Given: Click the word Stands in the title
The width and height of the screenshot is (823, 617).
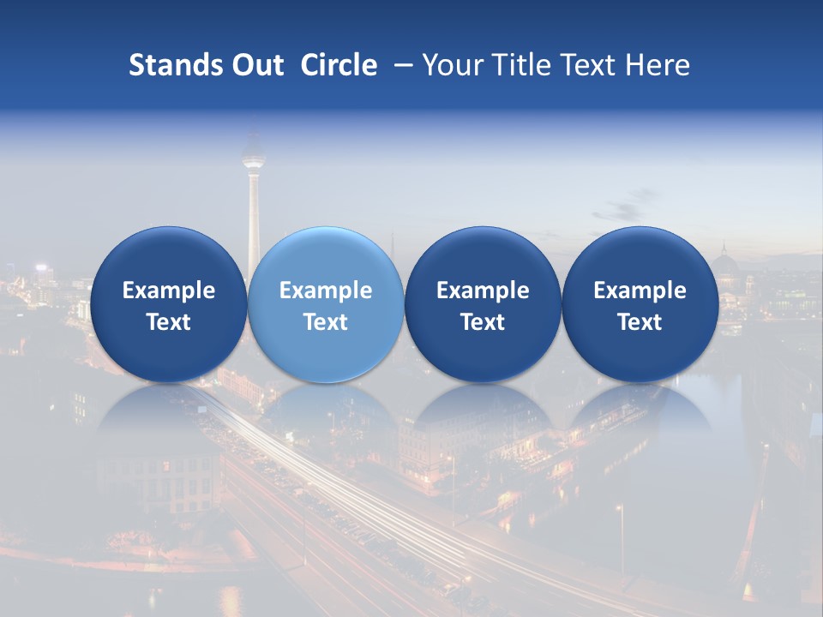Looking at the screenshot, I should click(x=174, y=65).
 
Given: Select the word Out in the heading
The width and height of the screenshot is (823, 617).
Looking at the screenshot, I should click(x=255, y=65).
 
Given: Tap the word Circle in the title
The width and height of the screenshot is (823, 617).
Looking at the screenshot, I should click(x=339, y=65).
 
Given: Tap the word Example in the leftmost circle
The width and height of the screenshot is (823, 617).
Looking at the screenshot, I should click(x=168, y=291).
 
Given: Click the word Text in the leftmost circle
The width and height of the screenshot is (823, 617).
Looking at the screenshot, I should click(x=168, y=322).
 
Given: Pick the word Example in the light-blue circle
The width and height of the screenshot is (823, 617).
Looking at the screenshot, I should click(x=326, y=291).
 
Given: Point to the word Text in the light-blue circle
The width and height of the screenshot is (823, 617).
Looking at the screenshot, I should click(x=326, y=322).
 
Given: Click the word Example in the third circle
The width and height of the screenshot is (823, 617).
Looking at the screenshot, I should click(x=483, y=291).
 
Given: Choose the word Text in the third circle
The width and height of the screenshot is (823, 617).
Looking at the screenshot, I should click(x=483, y=322).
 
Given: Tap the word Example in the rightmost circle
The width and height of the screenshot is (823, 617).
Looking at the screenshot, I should click(x=640, y=291).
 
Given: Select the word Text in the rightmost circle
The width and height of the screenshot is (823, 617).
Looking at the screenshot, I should click(x=640, y=322).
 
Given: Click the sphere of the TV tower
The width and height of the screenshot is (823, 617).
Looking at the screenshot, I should click(x=253, y=157).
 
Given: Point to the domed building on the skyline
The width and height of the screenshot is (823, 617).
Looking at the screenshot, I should click(x=725, y=262).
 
